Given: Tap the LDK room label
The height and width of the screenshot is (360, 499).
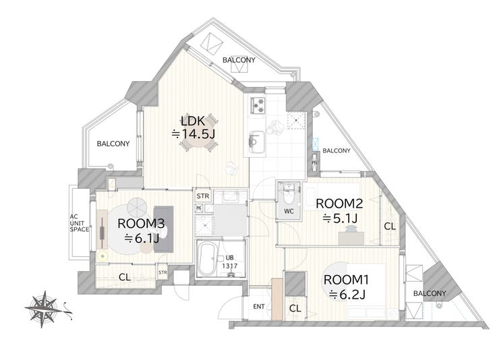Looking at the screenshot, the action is tap(193, 121).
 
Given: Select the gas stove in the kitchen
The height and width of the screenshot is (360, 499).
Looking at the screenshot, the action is tap(258, 105).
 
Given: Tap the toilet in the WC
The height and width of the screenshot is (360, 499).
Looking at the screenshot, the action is tap(289, 198).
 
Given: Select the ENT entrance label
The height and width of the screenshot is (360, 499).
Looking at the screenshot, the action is tap(259, 307).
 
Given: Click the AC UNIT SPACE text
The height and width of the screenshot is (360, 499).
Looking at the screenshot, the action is tap(79, 223).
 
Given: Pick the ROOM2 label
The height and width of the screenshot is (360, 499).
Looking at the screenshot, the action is tap(339, 204).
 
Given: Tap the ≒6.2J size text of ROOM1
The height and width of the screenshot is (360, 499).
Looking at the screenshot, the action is tap(347, 295).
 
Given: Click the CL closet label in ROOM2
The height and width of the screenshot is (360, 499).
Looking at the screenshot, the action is tap(390, 227).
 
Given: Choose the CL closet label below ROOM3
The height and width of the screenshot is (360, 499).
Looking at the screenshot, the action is tap(125, 277).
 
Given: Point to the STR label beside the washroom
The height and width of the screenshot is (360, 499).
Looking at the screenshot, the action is tap(203, 196).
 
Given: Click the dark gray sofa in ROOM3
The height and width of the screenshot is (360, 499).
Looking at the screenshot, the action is tap(164, 229).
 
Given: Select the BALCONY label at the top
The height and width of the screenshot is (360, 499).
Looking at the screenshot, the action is tap(239, 60).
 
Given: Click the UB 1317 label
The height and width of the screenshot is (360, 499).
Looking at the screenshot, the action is tap(229, 262).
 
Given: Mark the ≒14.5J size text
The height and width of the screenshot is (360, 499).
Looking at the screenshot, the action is tap(194, 134).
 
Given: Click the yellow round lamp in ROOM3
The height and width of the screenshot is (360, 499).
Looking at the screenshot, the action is tap(102, 256).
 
